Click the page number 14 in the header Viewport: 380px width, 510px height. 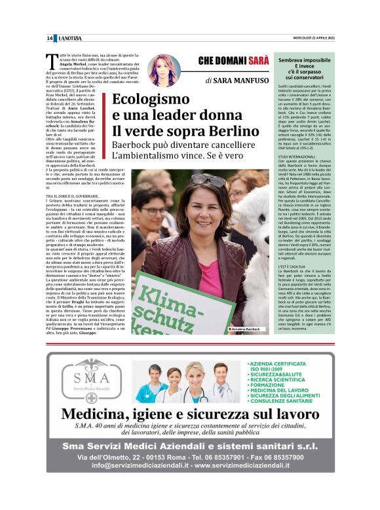tap(50, 38)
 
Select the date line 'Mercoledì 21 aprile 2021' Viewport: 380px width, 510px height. tap(309, 38)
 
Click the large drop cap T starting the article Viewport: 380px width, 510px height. tap(54, 60)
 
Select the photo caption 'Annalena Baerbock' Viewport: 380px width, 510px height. tap(247, 329)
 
